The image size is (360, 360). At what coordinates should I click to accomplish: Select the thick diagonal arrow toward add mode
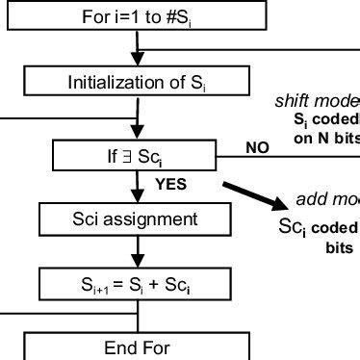[254, 194]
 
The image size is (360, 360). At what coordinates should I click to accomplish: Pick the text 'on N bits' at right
[330, 138]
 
